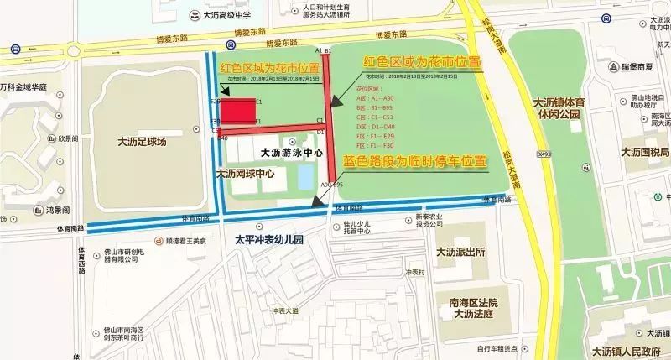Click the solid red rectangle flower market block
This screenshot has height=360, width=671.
pos(237,112)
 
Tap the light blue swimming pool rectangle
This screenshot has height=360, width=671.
pos(306,175)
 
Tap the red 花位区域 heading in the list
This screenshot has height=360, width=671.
pos(369,87)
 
